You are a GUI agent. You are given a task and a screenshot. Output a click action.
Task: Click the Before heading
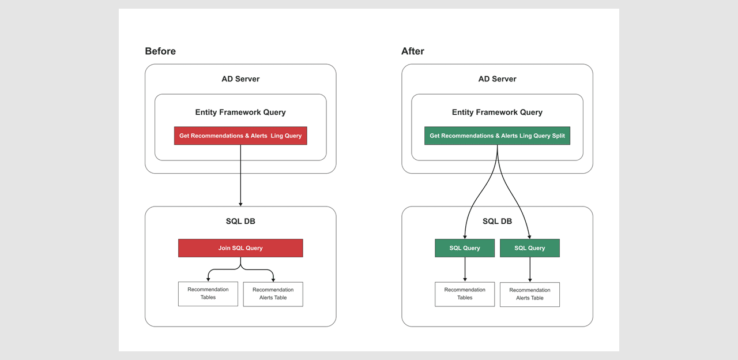coord(160,51)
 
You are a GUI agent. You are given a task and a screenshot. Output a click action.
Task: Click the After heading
coord(413,51)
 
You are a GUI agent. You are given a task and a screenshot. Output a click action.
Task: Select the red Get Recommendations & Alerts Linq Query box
coord(240,136)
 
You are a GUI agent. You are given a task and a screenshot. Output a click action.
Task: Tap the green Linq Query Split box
coord(497,136)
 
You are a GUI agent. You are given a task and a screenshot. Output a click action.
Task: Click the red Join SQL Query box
coord(240,248)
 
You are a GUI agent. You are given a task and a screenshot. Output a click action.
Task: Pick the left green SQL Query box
coord(465,248)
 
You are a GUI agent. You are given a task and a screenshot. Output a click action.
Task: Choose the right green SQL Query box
coord(529,248)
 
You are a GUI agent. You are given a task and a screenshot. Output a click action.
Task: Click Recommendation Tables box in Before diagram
coord(208,294)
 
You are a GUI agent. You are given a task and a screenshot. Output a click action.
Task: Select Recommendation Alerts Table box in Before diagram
coord(273,294)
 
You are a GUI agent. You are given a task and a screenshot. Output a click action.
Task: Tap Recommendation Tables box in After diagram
coord(465,294)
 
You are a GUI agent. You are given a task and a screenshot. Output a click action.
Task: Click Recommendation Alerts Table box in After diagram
coord(529,294)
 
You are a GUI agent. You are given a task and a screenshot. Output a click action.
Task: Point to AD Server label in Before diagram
coord(240,79)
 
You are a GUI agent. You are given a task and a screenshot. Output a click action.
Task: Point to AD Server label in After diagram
coord(497,79)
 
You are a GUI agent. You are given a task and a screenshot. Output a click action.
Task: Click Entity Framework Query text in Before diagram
coord(240,112)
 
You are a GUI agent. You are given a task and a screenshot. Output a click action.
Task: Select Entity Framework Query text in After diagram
coord(497,112)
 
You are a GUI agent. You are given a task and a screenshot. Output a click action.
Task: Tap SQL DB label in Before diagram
coord(240,222)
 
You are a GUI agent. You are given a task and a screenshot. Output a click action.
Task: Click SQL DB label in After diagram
coord(497,222)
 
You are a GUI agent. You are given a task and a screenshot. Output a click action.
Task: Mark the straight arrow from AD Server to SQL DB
coord(240,176)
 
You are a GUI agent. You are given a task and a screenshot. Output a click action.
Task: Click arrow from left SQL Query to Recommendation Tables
coord(465,269)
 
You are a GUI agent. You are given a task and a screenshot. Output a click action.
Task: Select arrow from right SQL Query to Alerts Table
coord(530,269)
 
